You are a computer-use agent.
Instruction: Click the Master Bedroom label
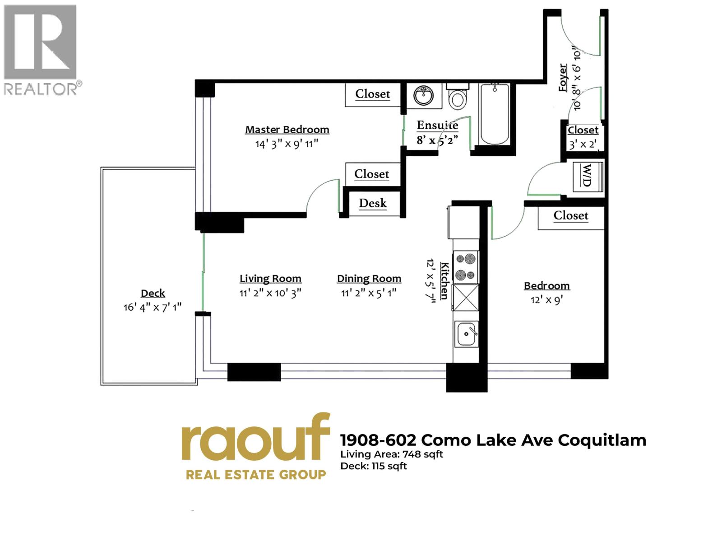point(287,130)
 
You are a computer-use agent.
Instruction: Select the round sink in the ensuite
point(423,95)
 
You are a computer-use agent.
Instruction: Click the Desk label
point(373,203)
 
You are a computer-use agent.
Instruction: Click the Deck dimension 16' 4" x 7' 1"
point(153,308)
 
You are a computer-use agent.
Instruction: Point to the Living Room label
point(270,279)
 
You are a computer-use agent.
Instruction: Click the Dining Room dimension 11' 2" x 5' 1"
point(369,293)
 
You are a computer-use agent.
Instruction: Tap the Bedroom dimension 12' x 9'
point(546,300)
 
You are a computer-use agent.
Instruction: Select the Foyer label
point(563,78)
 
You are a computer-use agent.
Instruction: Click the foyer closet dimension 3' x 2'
point(583,145)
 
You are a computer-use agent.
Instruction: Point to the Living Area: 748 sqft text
point(392,454)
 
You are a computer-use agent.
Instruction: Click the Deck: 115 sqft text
point(374,466)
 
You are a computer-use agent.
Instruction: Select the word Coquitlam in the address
point(602,440)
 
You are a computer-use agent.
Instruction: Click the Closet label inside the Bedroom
point(571,215)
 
